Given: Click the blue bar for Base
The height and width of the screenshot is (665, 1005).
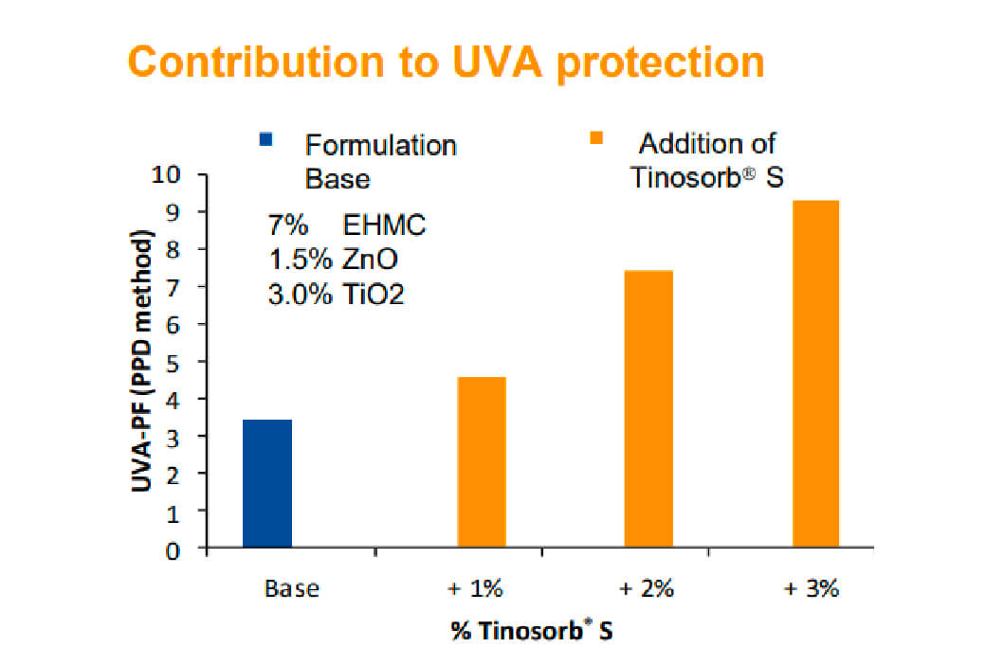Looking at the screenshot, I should point(267,483).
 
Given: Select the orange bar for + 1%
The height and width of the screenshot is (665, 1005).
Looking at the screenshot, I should point(482,462).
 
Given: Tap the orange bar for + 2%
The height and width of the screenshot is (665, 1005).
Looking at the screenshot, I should point(649,409).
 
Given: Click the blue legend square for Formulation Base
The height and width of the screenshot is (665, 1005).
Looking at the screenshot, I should point(265,141).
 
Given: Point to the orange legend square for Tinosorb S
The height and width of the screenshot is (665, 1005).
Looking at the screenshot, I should point(596,140).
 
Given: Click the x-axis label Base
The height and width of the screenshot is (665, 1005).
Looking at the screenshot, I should point(292,588).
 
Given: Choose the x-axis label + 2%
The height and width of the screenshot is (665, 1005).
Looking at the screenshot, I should point(647,588).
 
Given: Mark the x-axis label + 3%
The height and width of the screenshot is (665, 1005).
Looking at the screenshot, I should point(813,588).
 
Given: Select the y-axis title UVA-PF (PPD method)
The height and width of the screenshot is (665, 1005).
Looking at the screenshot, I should point(143,360).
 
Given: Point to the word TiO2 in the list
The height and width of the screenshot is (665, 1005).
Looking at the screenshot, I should point(371,294).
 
